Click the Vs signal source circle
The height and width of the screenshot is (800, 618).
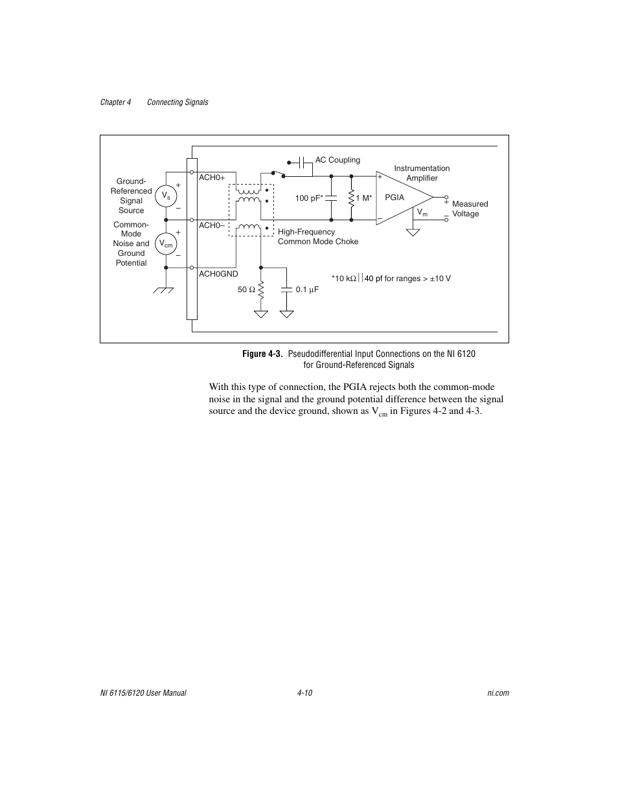(166, 196)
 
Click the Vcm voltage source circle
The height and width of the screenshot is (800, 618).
(166, 243)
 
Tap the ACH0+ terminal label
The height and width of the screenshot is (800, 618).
(211, 177)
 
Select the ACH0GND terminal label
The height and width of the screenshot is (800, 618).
(218, 274)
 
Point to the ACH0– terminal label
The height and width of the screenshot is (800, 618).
(211, 225)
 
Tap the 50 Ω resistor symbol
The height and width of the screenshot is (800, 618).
(261, 290)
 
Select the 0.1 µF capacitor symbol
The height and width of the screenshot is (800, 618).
(286, 290)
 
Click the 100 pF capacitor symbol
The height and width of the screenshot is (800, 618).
(332, 197)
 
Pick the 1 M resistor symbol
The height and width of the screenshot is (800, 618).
(350, 197)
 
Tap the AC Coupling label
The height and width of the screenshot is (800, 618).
(338, 160)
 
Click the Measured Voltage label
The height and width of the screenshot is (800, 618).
(470, 209)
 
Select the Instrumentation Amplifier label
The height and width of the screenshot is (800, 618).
(422, 173)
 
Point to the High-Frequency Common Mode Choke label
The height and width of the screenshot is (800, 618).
(317, 236)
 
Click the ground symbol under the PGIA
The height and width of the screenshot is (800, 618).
(413, 231)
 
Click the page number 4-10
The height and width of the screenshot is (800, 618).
(305, 692)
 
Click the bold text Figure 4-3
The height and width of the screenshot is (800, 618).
(262, 354)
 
